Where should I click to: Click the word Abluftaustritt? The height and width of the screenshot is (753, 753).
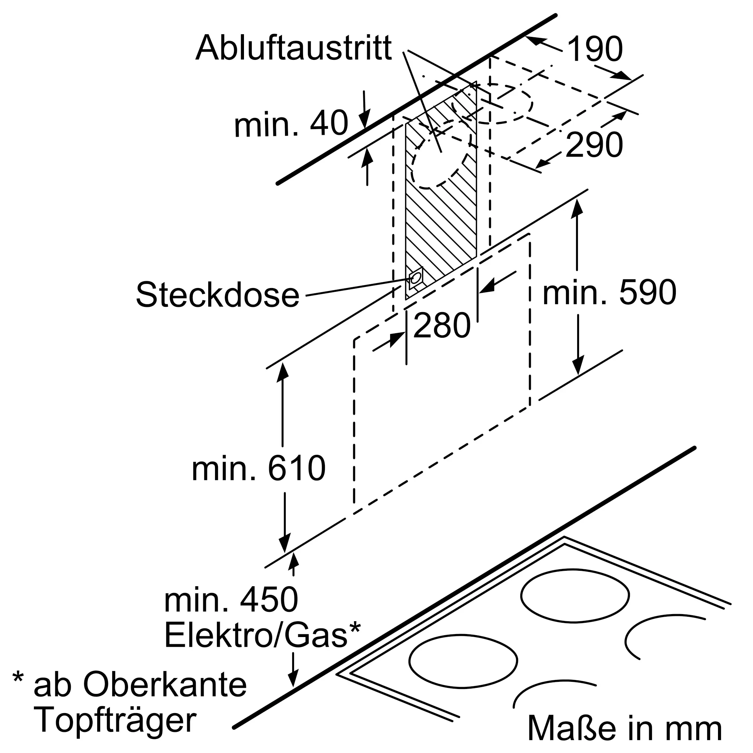click(294, 48)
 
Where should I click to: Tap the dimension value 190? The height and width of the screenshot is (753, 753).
click(595, 49)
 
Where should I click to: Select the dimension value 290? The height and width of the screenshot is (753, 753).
click(594, 145)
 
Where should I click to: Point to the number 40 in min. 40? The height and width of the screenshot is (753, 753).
click(329, 123)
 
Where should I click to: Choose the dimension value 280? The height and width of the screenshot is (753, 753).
click(442, 325)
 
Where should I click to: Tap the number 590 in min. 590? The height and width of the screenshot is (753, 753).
click(647, 293)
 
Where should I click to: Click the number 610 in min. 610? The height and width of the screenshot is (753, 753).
click(296, 468)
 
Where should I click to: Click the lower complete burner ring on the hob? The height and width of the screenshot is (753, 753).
click(463, 661)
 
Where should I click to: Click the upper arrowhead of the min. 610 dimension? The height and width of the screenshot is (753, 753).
click(283, 372)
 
